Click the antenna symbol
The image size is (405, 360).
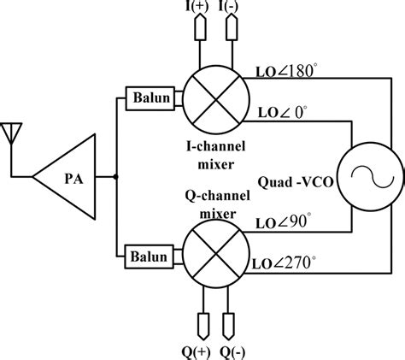(13, 134)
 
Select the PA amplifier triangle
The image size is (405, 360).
(67, 177)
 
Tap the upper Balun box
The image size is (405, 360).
(149, 97)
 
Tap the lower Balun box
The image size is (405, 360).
(149, 254)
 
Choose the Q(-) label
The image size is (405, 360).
(232, 350)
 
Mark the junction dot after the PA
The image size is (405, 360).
(115, 177)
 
